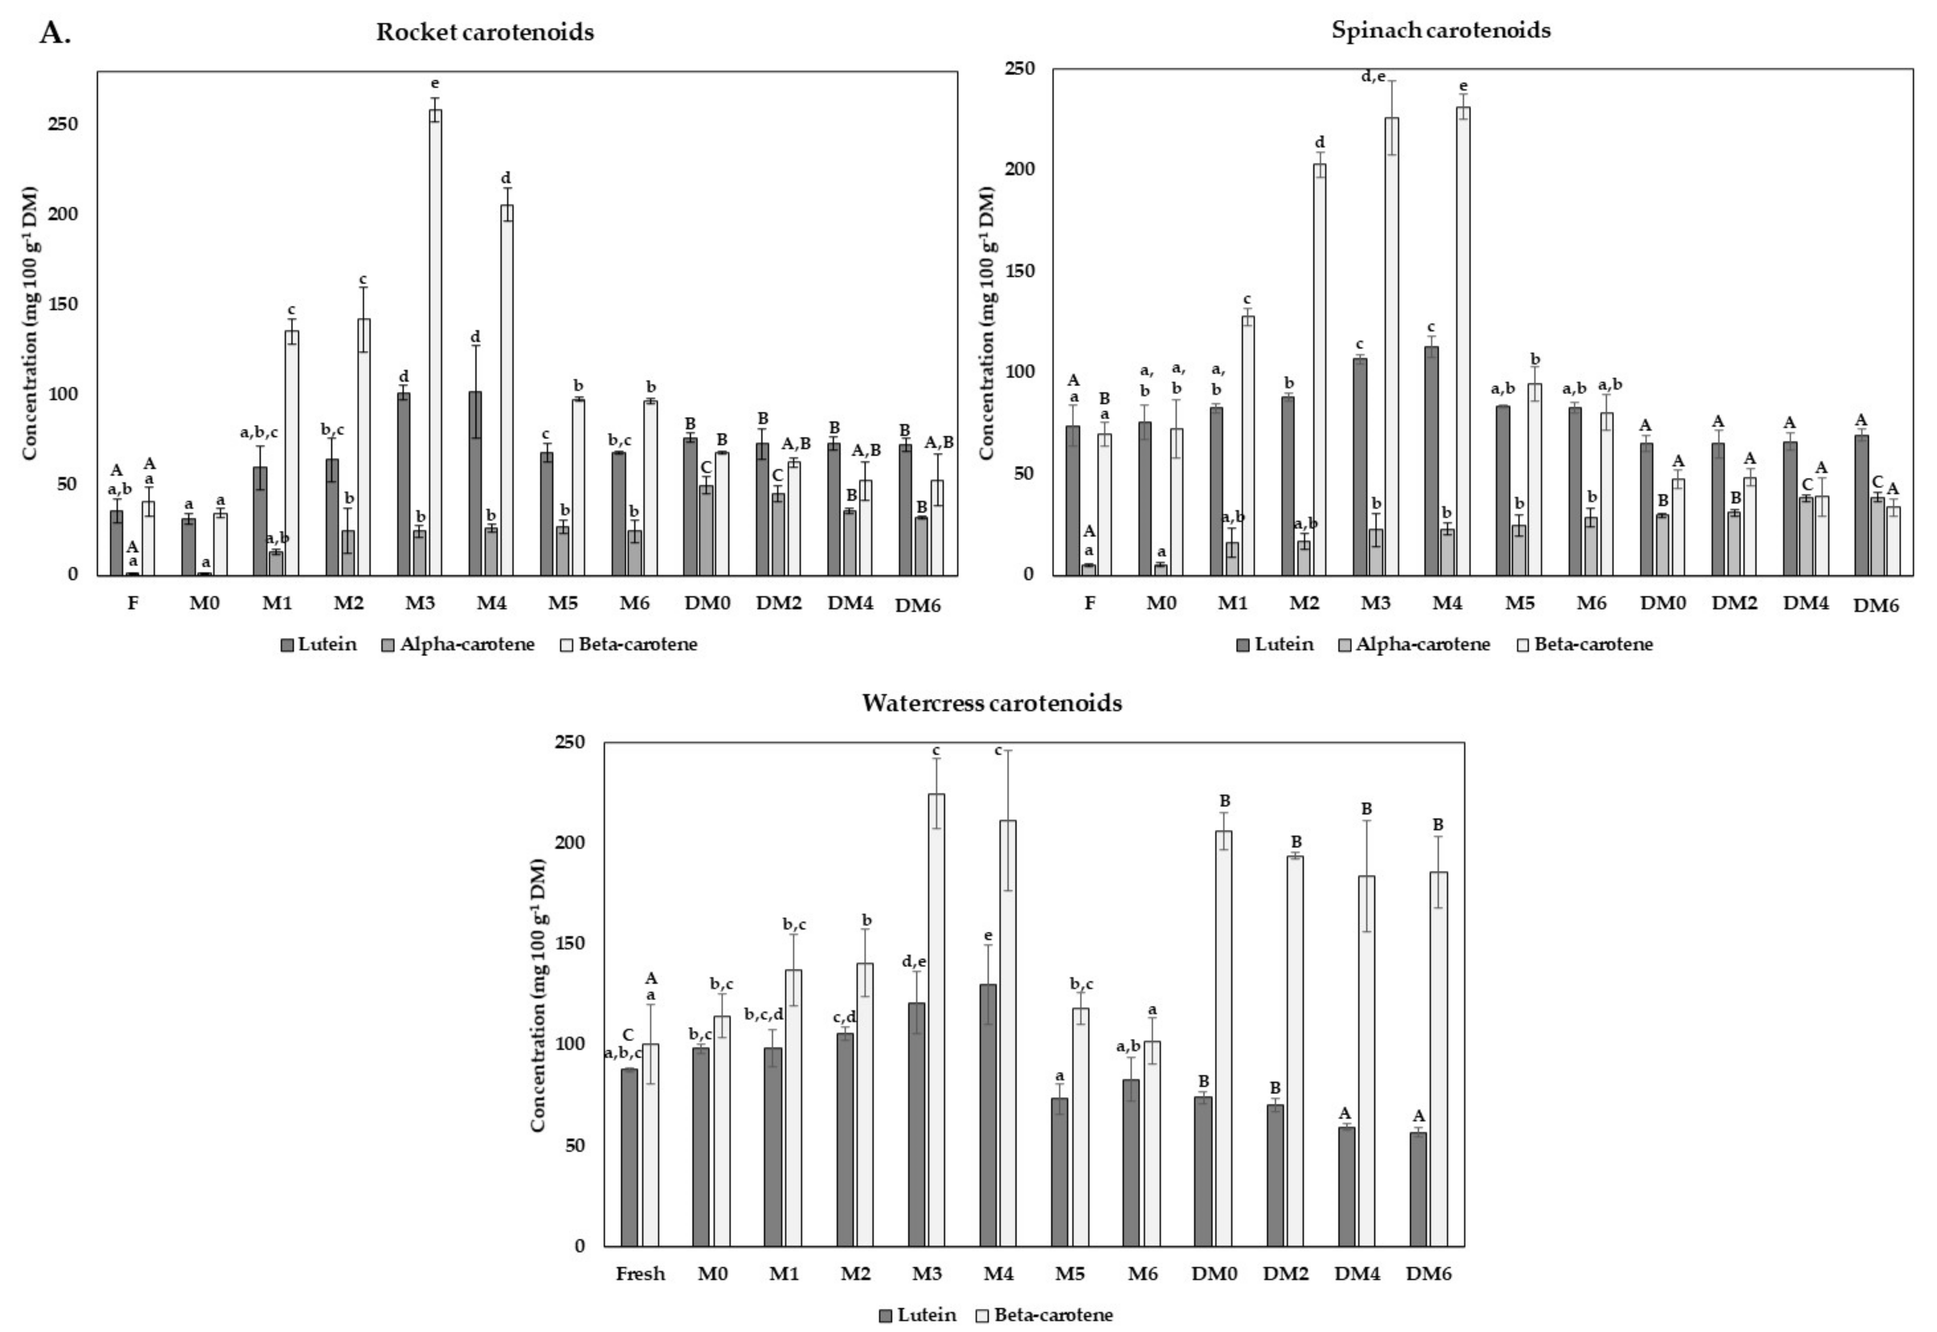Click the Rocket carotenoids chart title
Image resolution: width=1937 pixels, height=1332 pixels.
[485, 33]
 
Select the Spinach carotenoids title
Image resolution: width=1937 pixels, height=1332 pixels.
[1441, 30]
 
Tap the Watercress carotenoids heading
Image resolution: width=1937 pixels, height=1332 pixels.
[992, 703]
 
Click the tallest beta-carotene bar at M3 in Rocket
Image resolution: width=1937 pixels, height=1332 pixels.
[435, 342]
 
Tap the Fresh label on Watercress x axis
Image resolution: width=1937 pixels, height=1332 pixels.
[641, 1274]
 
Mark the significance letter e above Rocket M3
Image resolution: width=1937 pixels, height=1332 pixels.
[435, 84]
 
